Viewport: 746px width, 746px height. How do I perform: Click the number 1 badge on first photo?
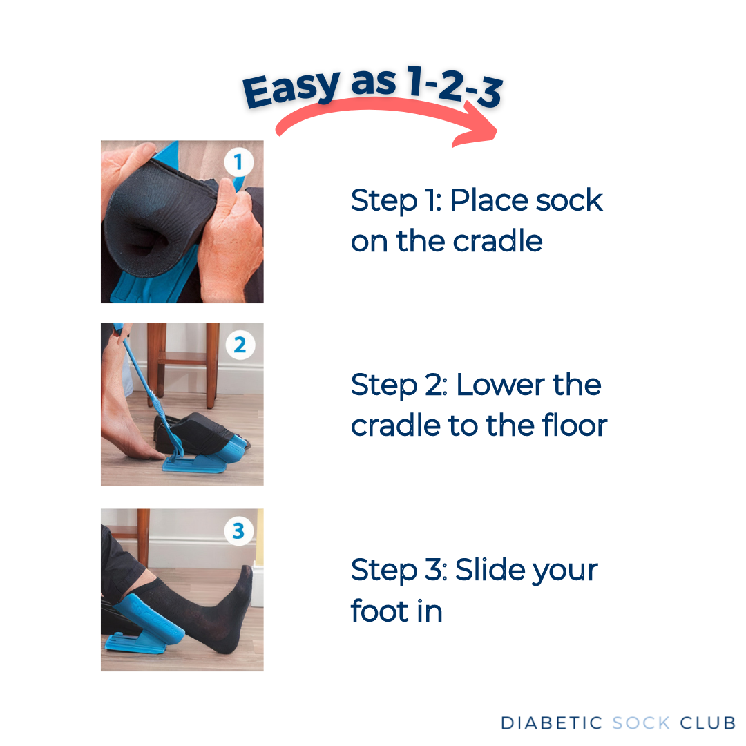(239, 163)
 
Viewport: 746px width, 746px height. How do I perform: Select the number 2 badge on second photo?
(239, 345)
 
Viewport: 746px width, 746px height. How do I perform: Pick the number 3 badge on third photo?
(239, 530)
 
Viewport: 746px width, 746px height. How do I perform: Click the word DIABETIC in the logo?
(552, 723)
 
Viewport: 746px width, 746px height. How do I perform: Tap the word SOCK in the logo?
(641, 723)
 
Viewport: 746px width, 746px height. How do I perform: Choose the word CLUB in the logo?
(707, 723)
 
